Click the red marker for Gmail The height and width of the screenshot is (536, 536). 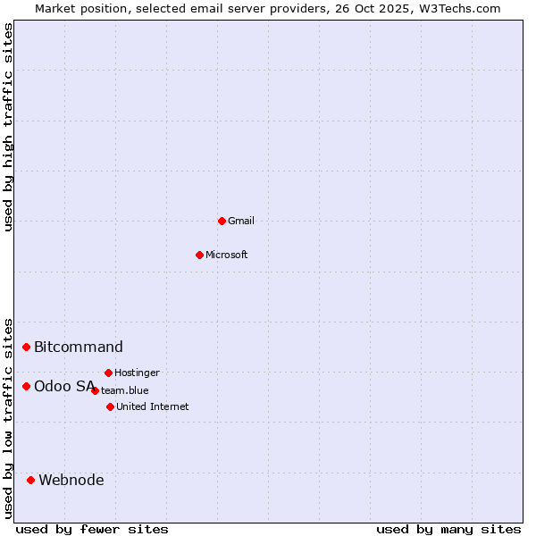tap(222, 221)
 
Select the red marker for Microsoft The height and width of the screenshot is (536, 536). tap(199, 255)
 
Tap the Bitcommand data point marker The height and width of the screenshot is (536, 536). tap(27, 347)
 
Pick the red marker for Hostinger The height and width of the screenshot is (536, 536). tap(108, 373)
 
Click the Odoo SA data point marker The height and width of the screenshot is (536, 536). tap(27, 386)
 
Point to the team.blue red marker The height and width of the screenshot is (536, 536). tap(95, 390)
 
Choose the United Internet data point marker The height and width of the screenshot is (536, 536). tap(110, 406)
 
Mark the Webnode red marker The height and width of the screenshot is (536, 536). tap(31, 480)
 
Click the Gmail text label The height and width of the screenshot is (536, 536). tap(241, 221)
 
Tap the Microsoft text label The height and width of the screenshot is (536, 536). tap(227, 255)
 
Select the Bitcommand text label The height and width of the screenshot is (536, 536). tap(79, 347)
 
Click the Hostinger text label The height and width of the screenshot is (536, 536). tap(138, 373)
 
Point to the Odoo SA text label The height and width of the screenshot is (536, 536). tap(64, 386)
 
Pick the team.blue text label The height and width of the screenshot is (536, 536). tap(125, 390)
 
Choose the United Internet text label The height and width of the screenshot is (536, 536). tap(153, 406)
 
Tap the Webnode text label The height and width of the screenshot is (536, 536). tap(71, 480)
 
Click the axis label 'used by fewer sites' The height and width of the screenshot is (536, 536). tap(92, 529)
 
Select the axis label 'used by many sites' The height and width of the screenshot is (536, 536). tap(448, 529)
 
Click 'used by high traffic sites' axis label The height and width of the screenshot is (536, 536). tap(9, 127)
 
